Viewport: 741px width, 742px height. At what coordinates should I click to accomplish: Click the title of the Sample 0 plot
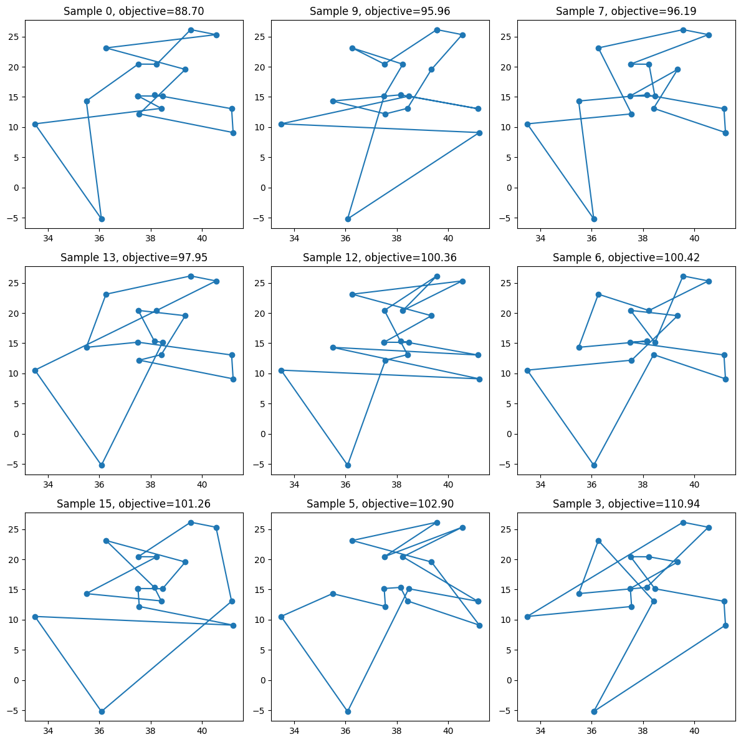134,11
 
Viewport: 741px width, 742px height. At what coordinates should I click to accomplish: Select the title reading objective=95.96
380,11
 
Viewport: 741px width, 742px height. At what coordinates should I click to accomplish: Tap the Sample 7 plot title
626,11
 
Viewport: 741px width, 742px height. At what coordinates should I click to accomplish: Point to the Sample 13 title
134,258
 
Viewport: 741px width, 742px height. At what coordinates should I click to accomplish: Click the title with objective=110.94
626,504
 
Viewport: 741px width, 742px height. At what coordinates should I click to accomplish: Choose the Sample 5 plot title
380,504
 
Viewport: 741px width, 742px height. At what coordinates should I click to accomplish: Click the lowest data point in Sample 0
102,219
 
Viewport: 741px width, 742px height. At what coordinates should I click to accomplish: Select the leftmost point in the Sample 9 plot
281,124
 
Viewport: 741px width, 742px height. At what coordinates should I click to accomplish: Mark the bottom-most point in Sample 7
594,219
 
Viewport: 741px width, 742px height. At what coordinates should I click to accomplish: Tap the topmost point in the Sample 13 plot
191,276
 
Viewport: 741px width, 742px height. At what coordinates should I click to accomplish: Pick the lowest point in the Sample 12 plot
348,465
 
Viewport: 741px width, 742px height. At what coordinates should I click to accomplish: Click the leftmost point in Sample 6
527,370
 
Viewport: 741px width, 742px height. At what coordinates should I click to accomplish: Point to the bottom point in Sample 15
102,711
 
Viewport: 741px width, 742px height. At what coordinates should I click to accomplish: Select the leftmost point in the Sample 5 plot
281,617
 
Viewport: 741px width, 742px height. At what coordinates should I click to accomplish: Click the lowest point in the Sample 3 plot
594,711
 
